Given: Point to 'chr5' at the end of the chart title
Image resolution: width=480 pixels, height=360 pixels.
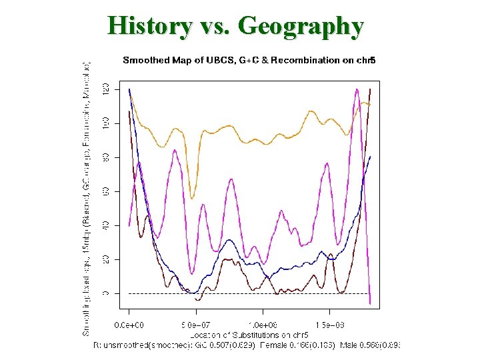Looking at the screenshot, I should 366,61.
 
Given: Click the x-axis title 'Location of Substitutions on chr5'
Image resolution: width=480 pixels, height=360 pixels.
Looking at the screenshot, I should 249,333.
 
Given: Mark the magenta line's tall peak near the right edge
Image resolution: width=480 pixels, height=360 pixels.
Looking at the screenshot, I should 357,89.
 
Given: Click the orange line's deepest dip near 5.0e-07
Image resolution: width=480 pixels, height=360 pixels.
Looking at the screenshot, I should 192,198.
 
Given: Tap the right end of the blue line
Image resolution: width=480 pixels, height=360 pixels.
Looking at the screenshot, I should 370,156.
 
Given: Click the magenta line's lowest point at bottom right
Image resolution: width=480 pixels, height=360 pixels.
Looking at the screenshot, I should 370,303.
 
